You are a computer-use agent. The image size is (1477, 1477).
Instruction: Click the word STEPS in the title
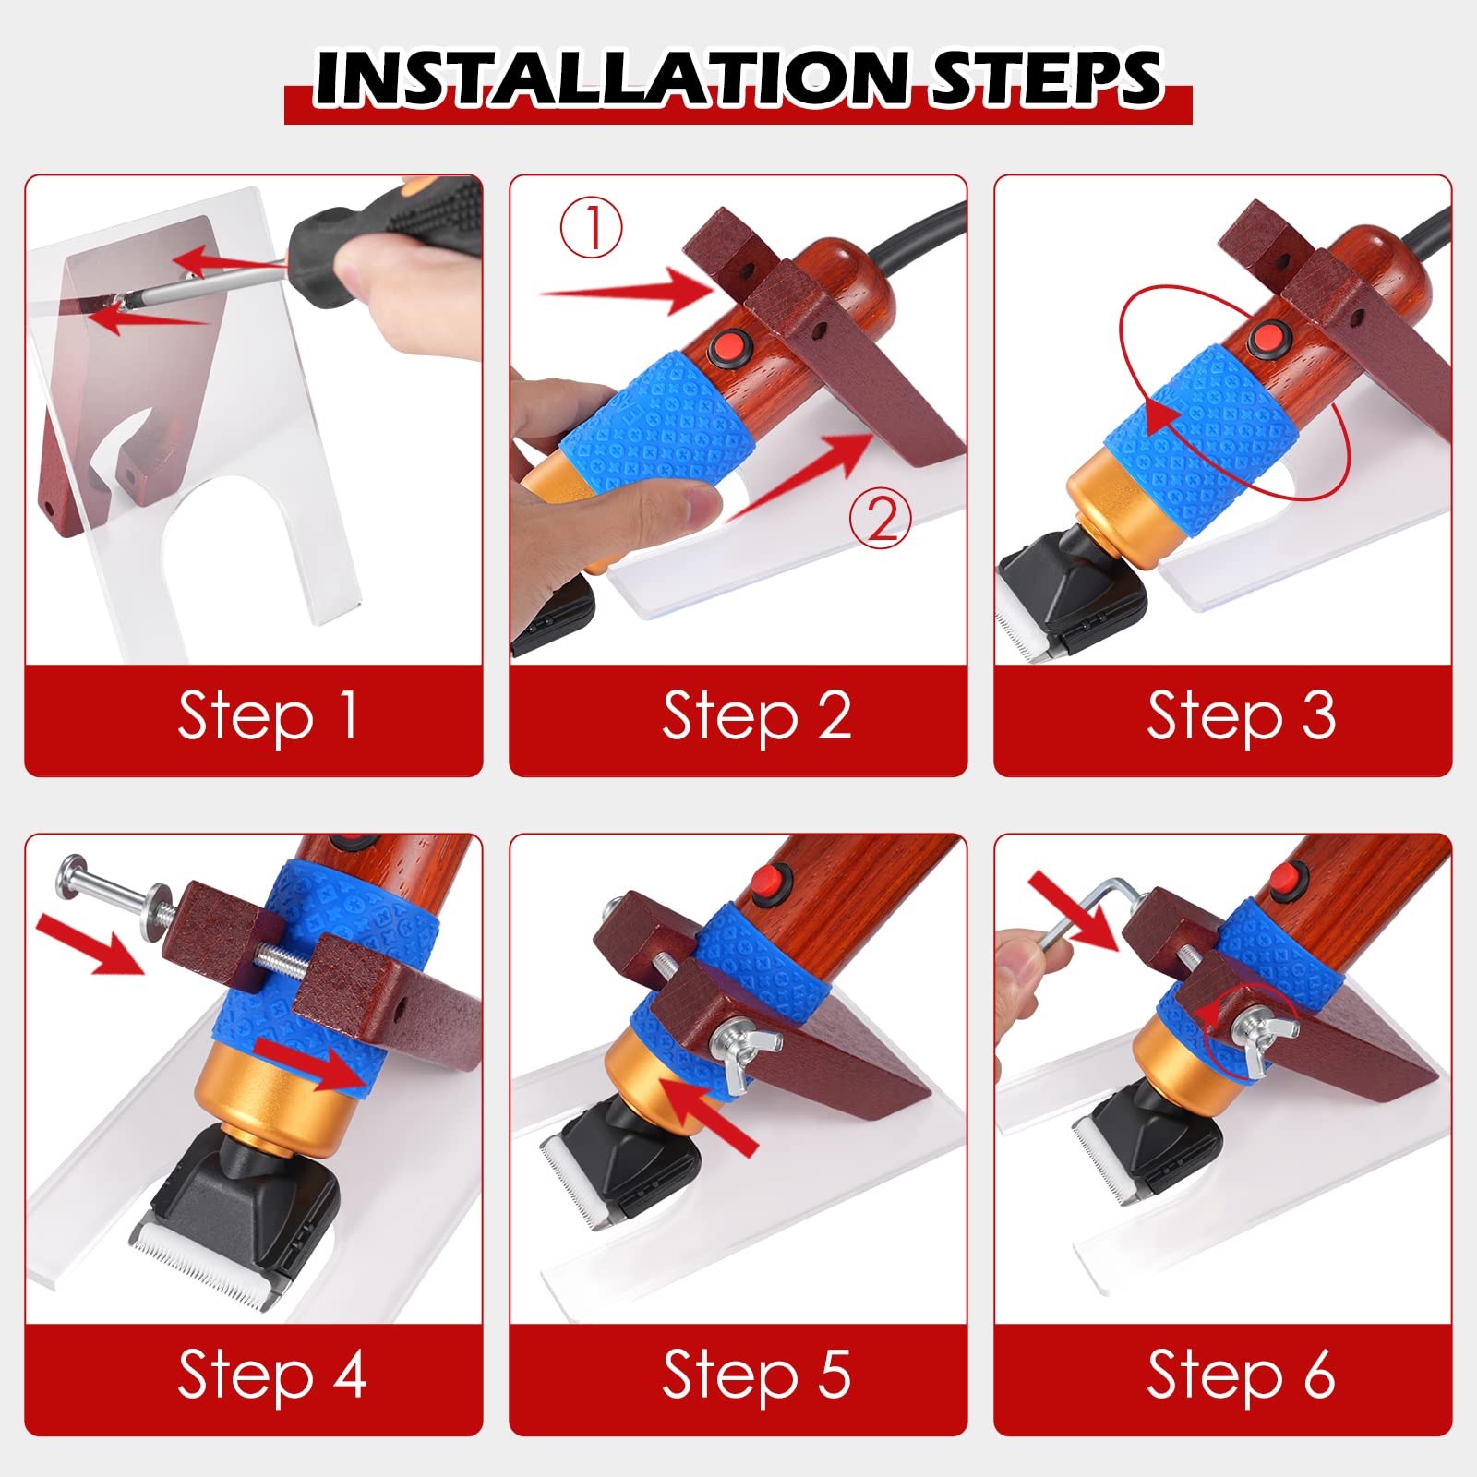1046,78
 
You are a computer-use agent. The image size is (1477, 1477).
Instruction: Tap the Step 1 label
268,717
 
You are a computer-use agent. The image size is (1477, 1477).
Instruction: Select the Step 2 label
757,717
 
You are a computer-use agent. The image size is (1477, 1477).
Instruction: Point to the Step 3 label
1242,717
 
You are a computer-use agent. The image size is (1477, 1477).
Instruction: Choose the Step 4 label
272,1375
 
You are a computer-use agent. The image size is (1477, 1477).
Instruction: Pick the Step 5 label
757,1375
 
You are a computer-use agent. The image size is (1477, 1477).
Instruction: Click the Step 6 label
1242,1375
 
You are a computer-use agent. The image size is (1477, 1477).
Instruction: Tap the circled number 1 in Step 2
592,227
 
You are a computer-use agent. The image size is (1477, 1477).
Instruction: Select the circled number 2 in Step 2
881,518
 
